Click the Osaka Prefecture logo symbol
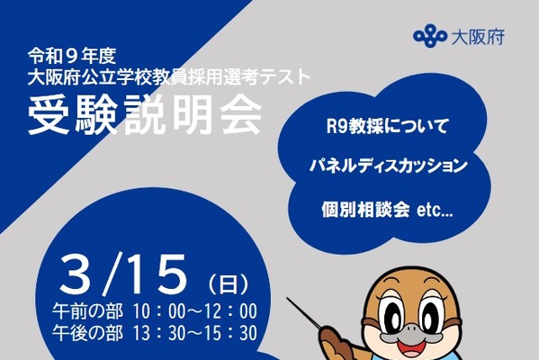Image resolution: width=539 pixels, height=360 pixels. click(x=429, y=38)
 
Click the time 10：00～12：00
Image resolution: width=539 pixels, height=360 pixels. click(x=193, y=311)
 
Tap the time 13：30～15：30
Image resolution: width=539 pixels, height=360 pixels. click(x=193, y=333)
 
